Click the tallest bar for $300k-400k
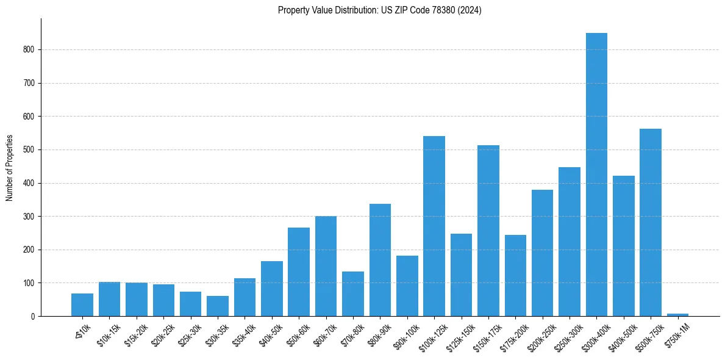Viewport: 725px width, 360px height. (596, 175)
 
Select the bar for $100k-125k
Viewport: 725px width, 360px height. (434, 226)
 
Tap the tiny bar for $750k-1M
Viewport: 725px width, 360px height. (677, 315)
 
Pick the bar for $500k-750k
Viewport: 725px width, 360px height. (651, 223)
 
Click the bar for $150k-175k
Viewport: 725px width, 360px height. (488, 231)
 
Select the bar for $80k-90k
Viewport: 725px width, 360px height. (380, 260)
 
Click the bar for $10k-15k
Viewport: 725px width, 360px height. (110, 299)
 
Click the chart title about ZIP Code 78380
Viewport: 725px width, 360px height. (379, 10)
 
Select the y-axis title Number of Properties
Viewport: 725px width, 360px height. (10, 168)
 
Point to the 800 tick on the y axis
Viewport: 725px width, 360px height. (30, 49)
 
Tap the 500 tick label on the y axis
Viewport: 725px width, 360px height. (30, 149)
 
